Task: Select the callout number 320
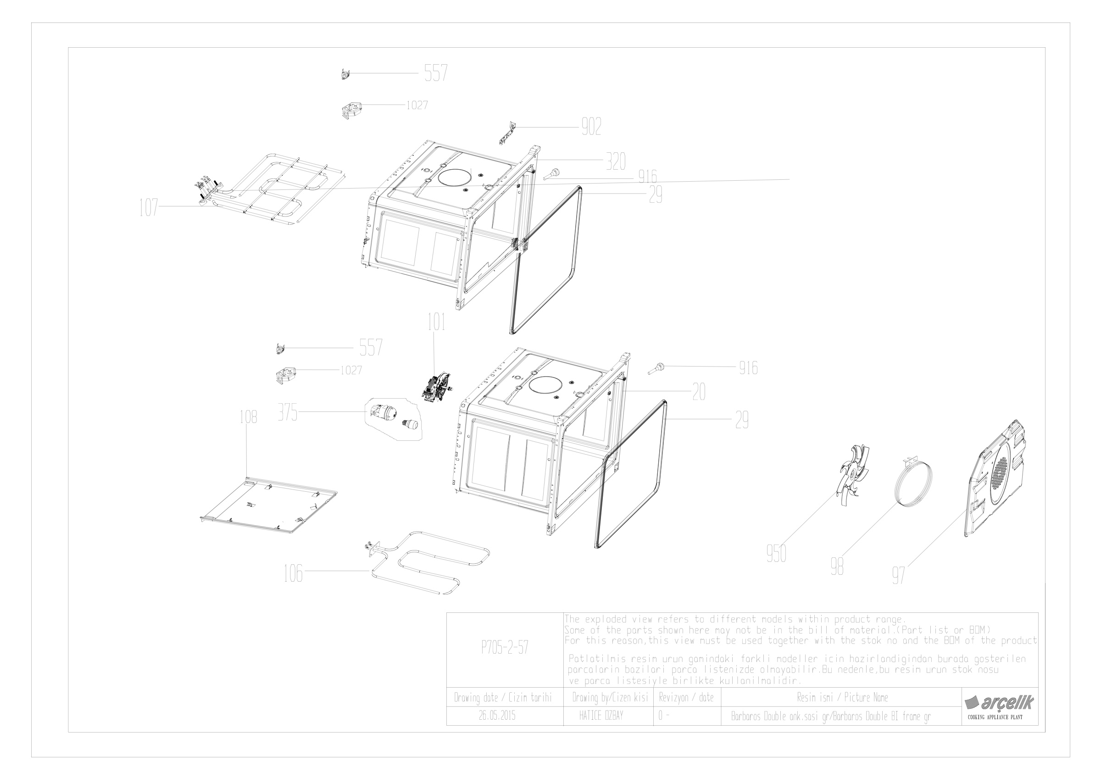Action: tap(615, 161)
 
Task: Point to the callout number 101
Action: tap(436, 322)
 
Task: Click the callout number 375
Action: tap(288, 413)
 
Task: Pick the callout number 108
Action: tap(248, 417)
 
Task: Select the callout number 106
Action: tap(293, 573)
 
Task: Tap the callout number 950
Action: tap(776, 554)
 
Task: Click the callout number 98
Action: tap(837, 567)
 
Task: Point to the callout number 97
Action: tap(898, 575)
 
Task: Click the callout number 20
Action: tap(699, 393)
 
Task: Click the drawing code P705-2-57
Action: tap(505, 648)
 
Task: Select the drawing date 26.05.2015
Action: tap(497, 716)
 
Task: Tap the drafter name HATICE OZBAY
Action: tap(601, 716)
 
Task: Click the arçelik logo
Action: tap(999, 703)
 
